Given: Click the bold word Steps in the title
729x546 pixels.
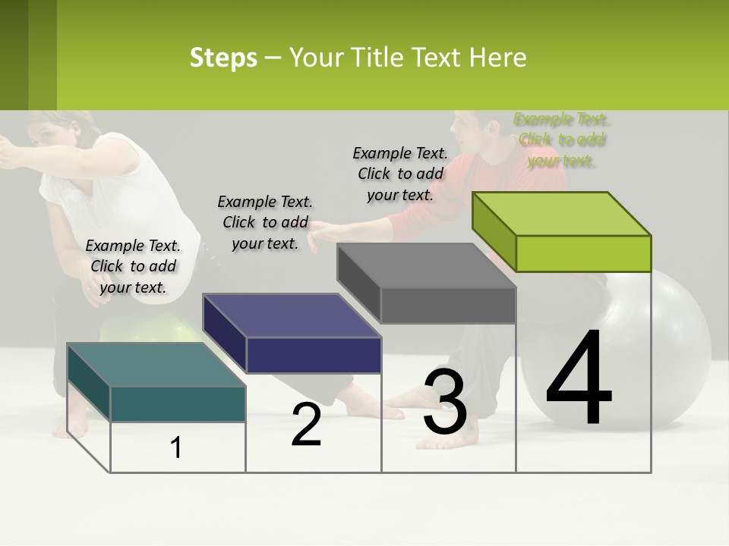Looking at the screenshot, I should click(x=223, y=58).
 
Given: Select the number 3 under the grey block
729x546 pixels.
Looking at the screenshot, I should click(x=445, y=402).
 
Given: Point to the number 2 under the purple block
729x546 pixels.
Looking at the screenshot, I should click(x=306, y=425).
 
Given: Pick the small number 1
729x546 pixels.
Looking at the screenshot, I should click(x=175, y=448).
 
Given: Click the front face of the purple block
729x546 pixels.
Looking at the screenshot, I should click(x=314, y=355).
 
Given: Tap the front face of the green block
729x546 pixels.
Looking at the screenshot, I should click(x=582, y=253).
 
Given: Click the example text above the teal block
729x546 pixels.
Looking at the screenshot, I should click(x=133, y=266).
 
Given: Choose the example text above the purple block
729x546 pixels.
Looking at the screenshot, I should click(x=265, y=222).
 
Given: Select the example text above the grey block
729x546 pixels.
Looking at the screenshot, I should click(x=400, y=174).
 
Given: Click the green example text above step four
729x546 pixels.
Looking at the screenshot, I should click(x=561, y=140).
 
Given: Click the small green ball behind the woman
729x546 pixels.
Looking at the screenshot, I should click(x=152, y=331).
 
